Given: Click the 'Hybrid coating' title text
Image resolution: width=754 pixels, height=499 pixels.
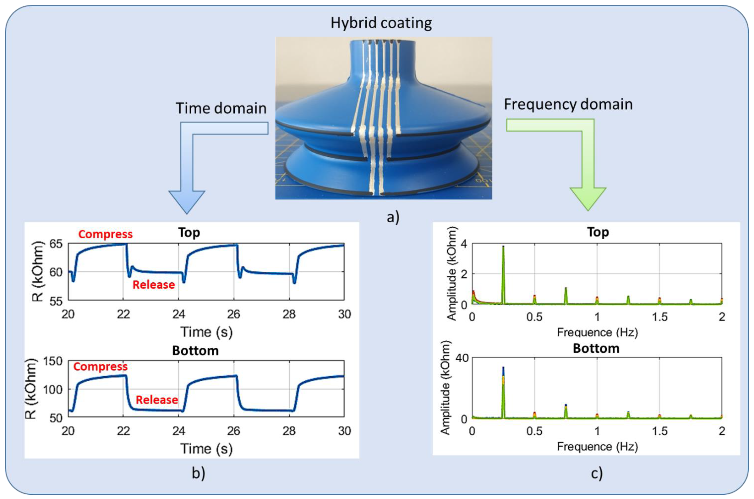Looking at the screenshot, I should click(x=381, y=23).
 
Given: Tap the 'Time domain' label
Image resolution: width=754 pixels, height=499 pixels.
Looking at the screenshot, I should click(x=221, y=108).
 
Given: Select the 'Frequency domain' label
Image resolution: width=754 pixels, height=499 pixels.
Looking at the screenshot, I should click(x=568, y=104).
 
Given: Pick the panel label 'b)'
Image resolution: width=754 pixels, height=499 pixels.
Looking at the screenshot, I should click(x=198, y=473).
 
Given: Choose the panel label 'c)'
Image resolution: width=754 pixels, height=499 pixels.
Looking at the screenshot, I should click(x=597, y=473).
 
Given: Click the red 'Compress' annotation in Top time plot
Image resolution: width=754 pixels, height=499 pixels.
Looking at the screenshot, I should click(x=105, y=234).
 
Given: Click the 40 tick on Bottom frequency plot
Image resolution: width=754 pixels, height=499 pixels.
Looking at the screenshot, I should click(x=462, y=358).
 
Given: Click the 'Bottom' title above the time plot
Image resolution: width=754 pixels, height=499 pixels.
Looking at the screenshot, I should click(x=195, y=351).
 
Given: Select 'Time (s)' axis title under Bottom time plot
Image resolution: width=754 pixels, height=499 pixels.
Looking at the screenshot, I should click(x=207, y=449).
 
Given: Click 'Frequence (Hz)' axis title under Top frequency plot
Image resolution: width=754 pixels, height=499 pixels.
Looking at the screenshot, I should click(x=597, y=332).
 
